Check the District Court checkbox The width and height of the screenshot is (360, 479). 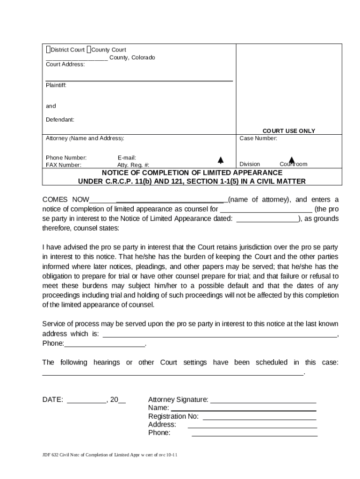48,50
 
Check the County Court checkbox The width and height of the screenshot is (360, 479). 89,50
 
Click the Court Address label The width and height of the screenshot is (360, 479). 65,64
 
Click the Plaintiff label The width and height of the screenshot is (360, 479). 56,86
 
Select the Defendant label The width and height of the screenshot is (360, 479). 60,120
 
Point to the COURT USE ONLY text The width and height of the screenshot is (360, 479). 288,131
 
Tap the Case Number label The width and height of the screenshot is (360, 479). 258,138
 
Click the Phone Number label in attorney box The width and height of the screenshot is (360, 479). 66,158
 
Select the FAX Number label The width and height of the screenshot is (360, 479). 63,165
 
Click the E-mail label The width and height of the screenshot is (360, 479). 127,158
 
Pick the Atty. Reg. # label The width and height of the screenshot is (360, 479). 133,165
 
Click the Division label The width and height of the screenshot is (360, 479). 249,164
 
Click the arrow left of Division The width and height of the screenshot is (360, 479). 220,160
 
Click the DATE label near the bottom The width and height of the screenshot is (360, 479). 52,399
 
